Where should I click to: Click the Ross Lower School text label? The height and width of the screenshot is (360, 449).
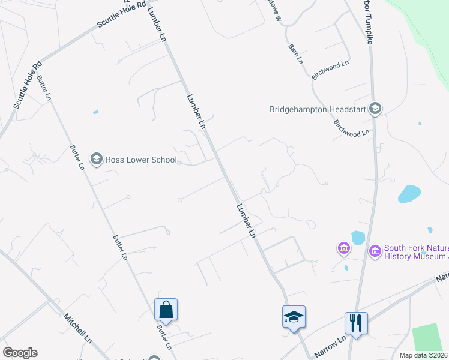pos(141,160)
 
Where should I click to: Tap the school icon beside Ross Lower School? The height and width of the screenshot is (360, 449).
pos(96,159)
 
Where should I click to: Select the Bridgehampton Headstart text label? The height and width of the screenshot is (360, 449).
pos(318,109)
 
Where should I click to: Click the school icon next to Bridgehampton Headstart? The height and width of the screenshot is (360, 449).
pos(375,109)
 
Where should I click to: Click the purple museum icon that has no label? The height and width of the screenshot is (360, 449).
pos(344,248)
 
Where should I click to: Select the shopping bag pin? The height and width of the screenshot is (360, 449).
pos(166,310)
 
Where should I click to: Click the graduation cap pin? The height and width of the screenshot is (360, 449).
pos(294,317)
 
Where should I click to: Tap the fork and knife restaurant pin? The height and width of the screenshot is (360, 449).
pos(356,323)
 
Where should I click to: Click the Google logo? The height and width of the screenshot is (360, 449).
pos(20,353)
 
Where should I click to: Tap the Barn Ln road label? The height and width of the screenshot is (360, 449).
pos(295,54)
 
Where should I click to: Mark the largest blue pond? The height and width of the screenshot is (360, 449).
pos(409,194)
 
